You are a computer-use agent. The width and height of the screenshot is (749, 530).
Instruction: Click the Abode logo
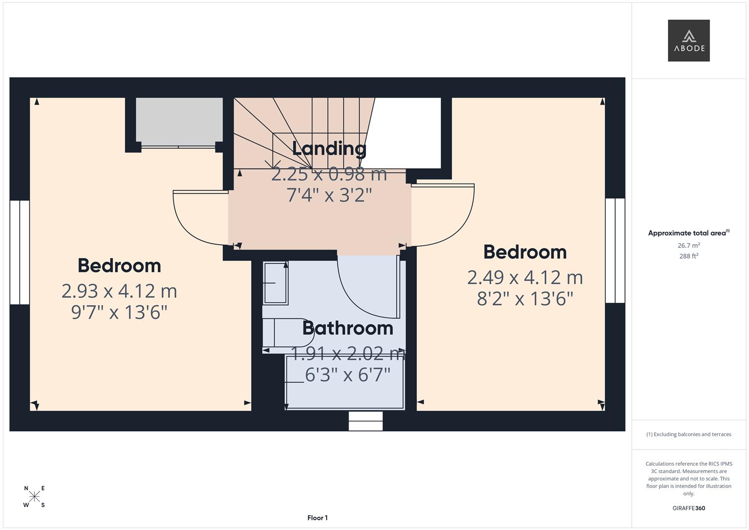[688, 41]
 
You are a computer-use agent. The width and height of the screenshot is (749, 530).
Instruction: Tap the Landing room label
[329, 149]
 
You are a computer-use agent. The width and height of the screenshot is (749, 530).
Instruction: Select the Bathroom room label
[348, 328]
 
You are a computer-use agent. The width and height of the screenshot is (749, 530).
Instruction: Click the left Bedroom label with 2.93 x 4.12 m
[119, 265]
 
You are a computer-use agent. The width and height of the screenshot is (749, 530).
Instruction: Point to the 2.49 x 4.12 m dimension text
[525, 278]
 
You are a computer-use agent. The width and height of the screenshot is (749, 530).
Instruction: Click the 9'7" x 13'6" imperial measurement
[119, 312]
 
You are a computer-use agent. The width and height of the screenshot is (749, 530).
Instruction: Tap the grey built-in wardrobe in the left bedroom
[179, 121]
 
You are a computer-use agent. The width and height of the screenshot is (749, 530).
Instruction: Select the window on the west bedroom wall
[20, 252]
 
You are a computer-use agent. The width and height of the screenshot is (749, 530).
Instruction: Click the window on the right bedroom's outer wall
[615, 250]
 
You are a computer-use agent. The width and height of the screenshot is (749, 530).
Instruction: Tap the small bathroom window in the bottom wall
[365, 421]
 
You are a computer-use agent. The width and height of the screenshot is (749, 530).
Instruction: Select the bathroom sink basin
[275, 283]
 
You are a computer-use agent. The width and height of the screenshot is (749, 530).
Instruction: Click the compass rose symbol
[34, 497]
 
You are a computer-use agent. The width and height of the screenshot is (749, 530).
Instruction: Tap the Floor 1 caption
[317, 518]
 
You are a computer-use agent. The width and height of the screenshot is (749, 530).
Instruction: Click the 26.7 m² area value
[688, 245]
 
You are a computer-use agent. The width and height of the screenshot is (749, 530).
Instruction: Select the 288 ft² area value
[688, 256]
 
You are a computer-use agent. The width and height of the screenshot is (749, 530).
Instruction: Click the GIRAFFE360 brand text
[688, 508]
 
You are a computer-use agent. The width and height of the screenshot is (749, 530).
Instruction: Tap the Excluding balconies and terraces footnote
[688, 434]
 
